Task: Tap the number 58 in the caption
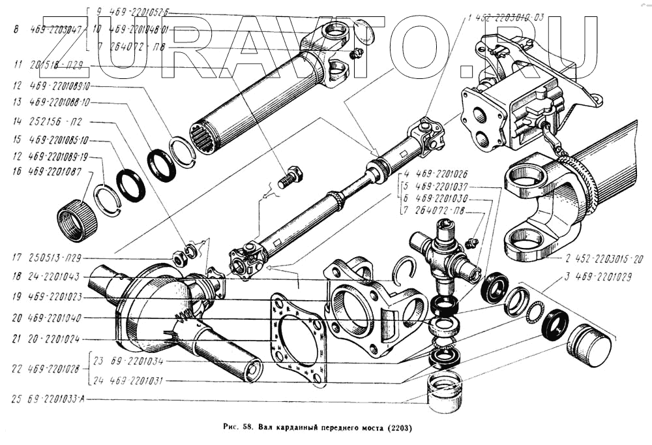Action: coord(247,428)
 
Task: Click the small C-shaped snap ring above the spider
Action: coord(407,269)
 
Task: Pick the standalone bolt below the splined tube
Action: coord(289,177)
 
